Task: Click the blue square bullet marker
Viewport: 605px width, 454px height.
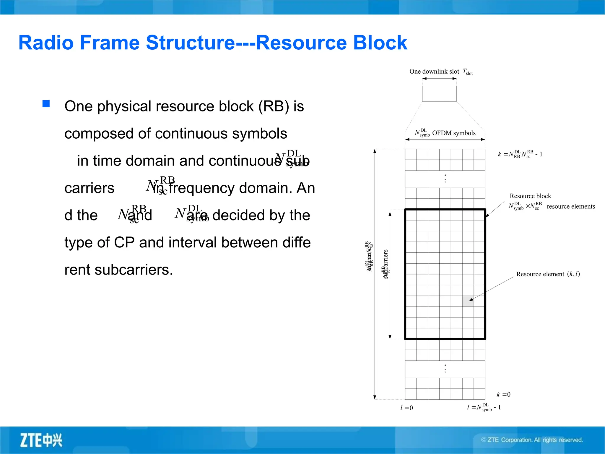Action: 46,104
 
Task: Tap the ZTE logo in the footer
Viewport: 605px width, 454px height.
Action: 41,440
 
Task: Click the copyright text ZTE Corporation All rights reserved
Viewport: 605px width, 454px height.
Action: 532,440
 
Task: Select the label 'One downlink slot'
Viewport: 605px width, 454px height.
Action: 434,72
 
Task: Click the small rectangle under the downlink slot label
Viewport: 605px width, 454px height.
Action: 439,94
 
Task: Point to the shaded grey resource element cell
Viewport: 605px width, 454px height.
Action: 468,301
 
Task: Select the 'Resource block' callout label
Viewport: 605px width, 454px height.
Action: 530,196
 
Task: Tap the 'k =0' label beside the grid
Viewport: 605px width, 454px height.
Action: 503,394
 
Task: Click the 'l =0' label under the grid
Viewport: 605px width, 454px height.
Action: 406,408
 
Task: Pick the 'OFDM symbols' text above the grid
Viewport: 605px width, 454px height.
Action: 454,133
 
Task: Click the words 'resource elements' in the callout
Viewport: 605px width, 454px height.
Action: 571,207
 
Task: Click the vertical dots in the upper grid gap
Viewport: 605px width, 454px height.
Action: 445,179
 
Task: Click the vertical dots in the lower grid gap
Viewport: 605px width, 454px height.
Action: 445,369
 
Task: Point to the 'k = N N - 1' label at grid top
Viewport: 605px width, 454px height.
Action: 520,154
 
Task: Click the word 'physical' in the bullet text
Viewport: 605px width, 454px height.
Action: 124,106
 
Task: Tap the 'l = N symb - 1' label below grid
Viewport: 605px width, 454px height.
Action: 484,407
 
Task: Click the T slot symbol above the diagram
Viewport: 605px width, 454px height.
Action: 467,72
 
